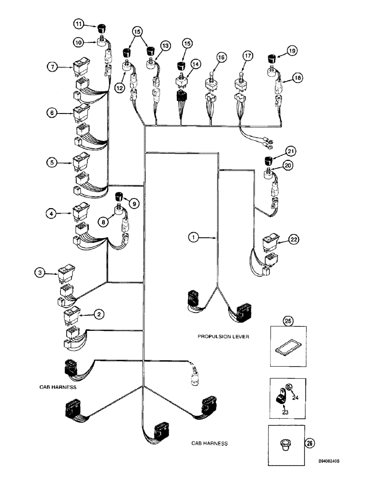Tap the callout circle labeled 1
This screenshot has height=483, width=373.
pyautogui.click(x=193, y=237)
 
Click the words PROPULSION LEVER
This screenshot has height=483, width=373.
pyautogui.click(x=223, y=336)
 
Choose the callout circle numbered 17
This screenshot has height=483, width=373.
pyautogui.click(x=248, y=57)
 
